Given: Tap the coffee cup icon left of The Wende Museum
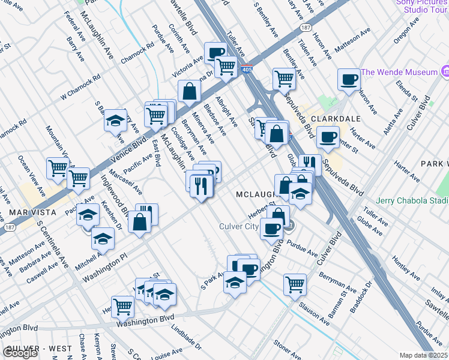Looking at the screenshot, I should coord(349,79).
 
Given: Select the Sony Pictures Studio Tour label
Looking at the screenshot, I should coord(421,6).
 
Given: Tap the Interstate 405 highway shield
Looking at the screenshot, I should coord(246,70).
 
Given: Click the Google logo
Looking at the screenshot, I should coord(20,353).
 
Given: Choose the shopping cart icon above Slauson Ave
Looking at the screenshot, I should coord(295,284).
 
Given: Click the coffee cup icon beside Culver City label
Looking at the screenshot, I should coord(272,228).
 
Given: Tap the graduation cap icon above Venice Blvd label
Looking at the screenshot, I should coord(115,121).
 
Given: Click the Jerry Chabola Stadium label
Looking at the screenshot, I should coord(412,200).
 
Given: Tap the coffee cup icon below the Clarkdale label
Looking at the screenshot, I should coord(328,137).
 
